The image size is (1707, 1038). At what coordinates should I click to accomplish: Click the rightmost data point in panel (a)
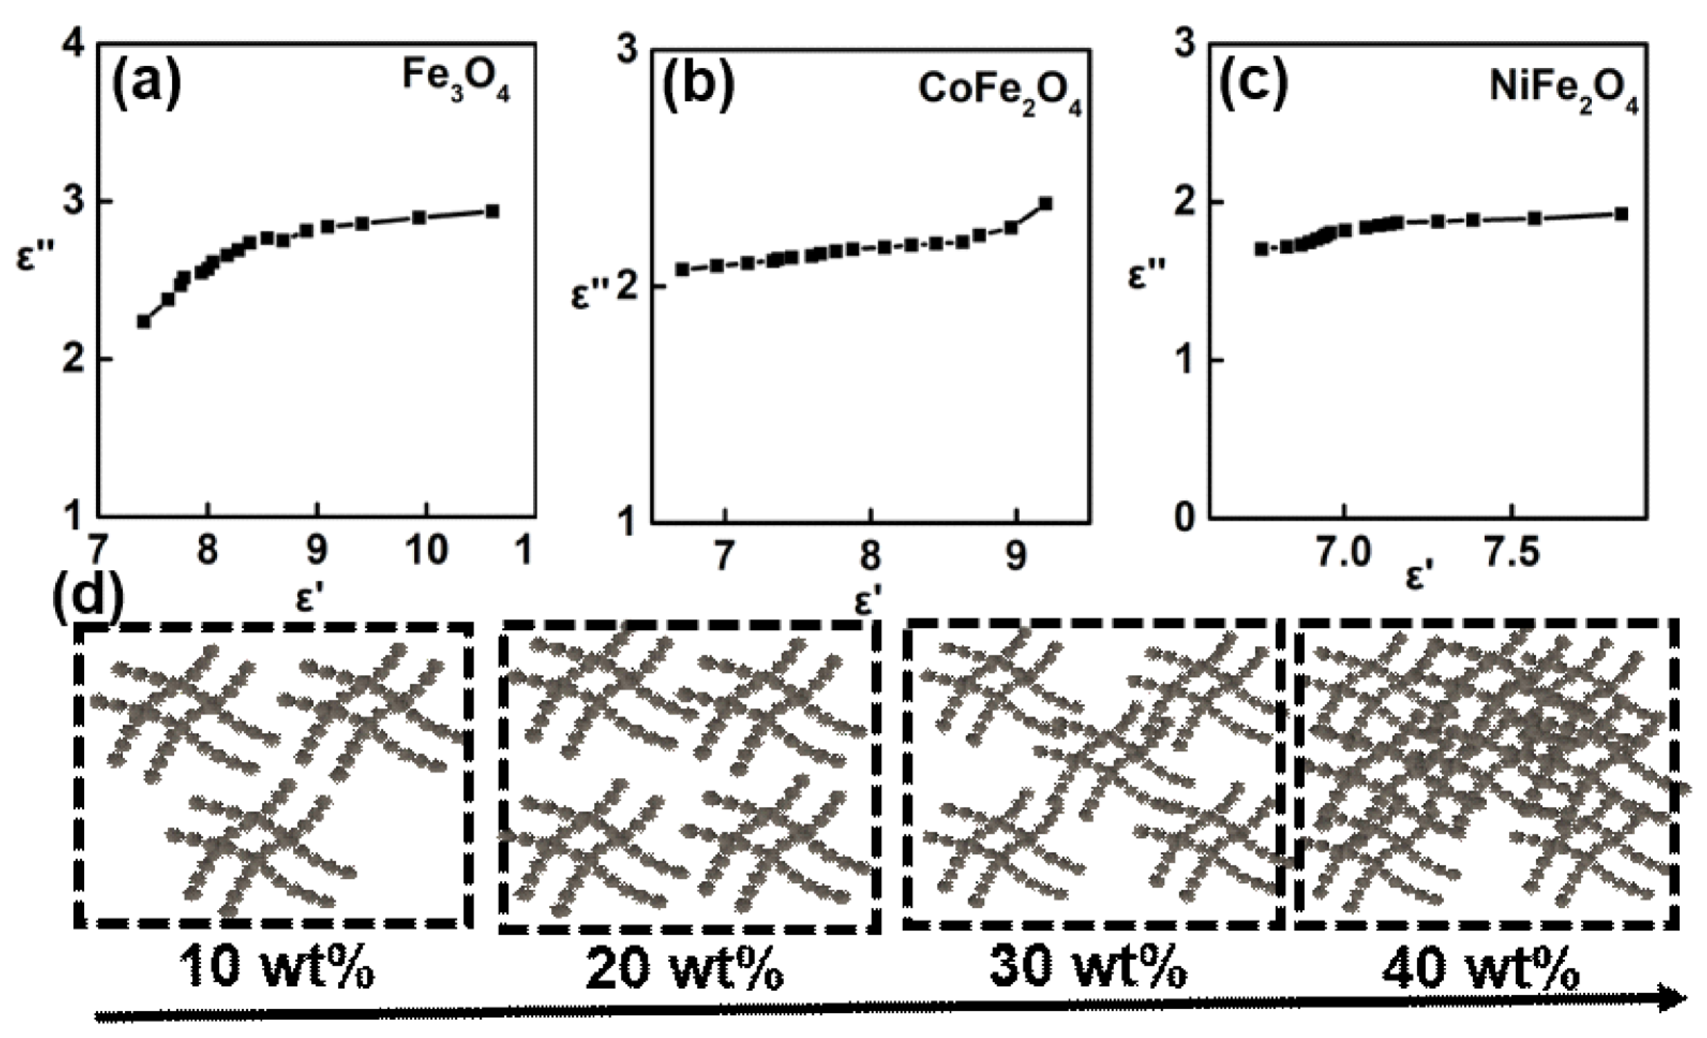492,211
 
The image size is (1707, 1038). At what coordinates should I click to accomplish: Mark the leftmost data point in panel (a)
144,322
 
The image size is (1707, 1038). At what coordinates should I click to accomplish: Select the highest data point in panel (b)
1046,203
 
